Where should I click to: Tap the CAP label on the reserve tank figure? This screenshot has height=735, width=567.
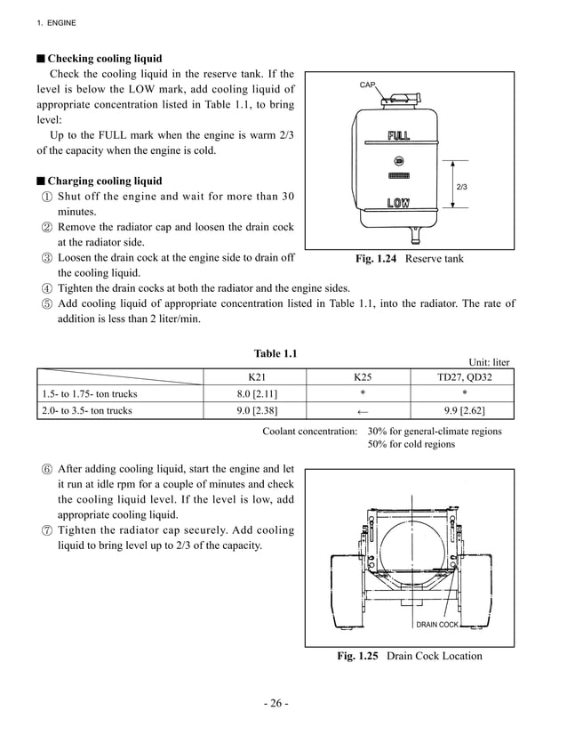[x=367, y=85]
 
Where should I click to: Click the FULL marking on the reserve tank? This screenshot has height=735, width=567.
[x=398, y=136]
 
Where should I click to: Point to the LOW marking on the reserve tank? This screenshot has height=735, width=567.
[x=398, y=204]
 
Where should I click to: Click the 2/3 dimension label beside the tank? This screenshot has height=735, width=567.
[x=461, y=187]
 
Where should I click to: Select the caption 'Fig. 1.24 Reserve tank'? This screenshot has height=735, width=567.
[x=409, y=259]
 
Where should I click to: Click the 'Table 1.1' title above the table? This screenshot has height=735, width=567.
[x=276, y=353]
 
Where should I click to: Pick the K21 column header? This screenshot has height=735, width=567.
[x=254, y=376]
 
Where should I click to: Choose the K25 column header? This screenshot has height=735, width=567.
[x=362, y=376]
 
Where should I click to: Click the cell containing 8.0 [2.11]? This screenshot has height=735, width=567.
[x=254, y=393]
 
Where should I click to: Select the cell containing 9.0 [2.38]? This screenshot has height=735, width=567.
[x=254, y=410]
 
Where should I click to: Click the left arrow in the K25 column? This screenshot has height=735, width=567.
[x=362, y=410]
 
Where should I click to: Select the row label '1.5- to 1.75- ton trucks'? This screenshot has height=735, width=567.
[x=89, y=393]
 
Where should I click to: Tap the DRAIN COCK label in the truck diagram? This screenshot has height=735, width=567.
[x=437, y=625]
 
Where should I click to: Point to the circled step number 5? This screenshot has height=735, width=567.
[x=46, y=304]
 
